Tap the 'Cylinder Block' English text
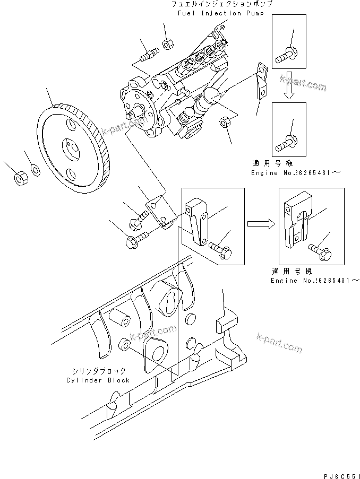tap(98, 380)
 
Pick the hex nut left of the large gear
tap(19, 179)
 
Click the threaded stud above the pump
tap(149, 54)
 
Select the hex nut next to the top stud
tap(166, 43)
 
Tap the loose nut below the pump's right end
tap(225, 123)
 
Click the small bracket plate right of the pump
tap(261, 81)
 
